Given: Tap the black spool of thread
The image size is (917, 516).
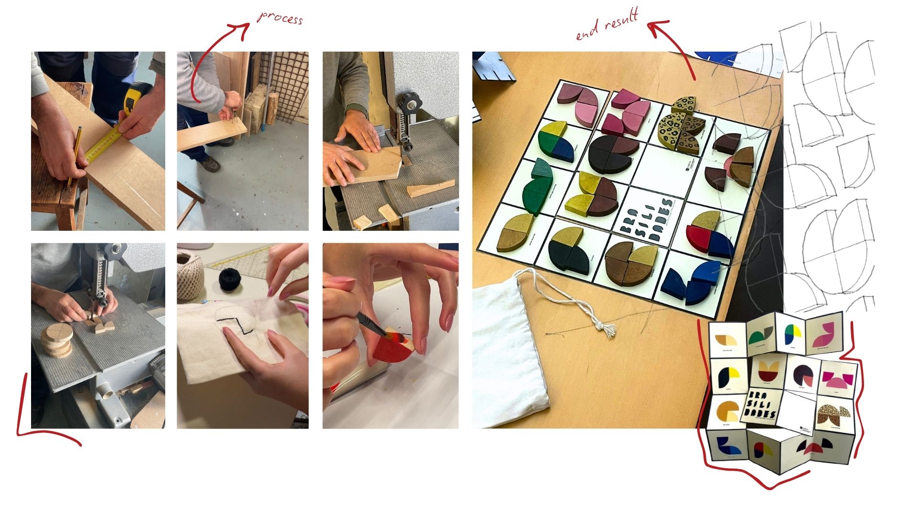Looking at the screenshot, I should [x=232, y=280].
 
